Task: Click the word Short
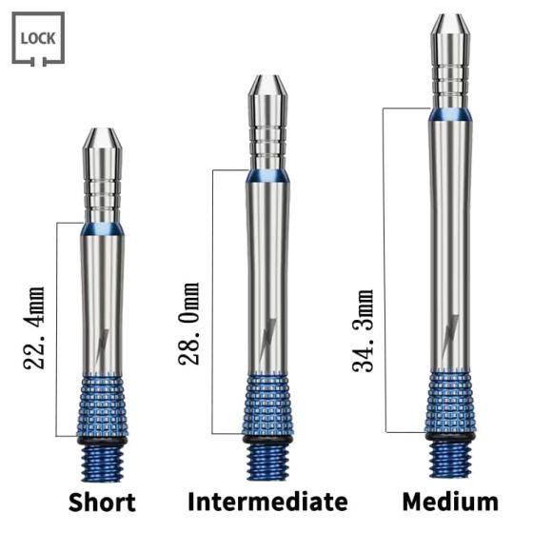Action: [x=102, y=503]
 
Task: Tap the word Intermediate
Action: [x=267, y=502]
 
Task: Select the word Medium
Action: [x=449, y=502]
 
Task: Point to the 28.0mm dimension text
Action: [x=189, y=325]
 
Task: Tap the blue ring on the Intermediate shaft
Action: [x=268, y=176]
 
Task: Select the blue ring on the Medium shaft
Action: [x=449, y=114]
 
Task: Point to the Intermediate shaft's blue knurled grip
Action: [x=268, y=404]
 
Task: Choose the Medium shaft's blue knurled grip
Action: [x=449, y=399]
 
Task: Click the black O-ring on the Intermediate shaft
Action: [x=268, y=440]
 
